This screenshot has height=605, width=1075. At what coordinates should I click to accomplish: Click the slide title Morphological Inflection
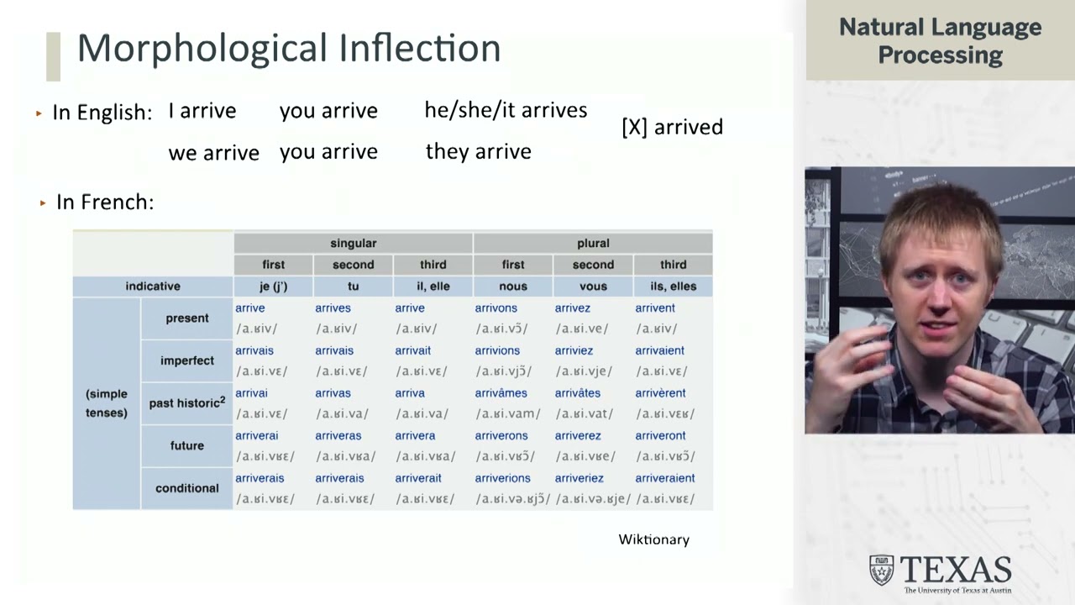click(x=288, y=48)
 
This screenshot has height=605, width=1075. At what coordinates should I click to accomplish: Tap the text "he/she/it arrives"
click(x=506, y=110)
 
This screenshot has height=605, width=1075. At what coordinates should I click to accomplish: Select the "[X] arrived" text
click(x=672, y=127)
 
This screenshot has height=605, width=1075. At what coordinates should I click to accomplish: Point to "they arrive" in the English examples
click(x=478, y=151)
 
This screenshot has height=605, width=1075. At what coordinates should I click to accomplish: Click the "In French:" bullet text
click(x=105, y=202)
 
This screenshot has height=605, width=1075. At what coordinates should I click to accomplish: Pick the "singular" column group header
click(x=353, y=243)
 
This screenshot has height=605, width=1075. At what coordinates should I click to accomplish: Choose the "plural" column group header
click(x=593, y=243)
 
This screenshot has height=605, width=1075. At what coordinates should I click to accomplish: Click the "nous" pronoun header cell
click(x=513, y=286)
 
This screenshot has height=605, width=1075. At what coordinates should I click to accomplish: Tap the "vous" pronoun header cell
click(x=593, y=286)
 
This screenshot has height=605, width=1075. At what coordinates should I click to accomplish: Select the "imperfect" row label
click(x=186, y=360)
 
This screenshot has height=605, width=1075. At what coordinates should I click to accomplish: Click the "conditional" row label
click(x=186, y=488)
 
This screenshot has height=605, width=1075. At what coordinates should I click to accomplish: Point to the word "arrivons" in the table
click(x=496, y=308)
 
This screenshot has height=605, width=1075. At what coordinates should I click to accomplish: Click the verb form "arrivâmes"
click(x=501, y=393)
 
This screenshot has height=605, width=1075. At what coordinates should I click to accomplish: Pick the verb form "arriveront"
click(x=660, y=435)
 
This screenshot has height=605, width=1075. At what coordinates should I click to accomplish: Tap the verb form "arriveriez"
click(x=579, y=478)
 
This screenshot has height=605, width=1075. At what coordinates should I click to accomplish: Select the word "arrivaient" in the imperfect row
click(x=659, y=350)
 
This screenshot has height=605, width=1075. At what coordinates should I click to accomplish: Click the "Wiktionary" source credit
click(x=653, y=539)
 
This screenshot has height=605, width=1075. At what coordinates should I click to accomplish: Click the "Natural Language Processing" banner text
click(x=940, y=40)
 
